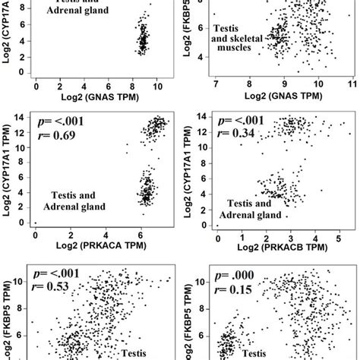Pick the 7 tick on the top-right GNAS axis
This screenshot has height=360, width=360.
pos(216,81)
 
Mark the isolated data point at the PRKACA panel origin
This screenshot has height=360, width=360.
pos(36,223)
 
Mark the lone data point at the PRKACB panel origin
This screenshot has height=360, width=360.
pos(218,225)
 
